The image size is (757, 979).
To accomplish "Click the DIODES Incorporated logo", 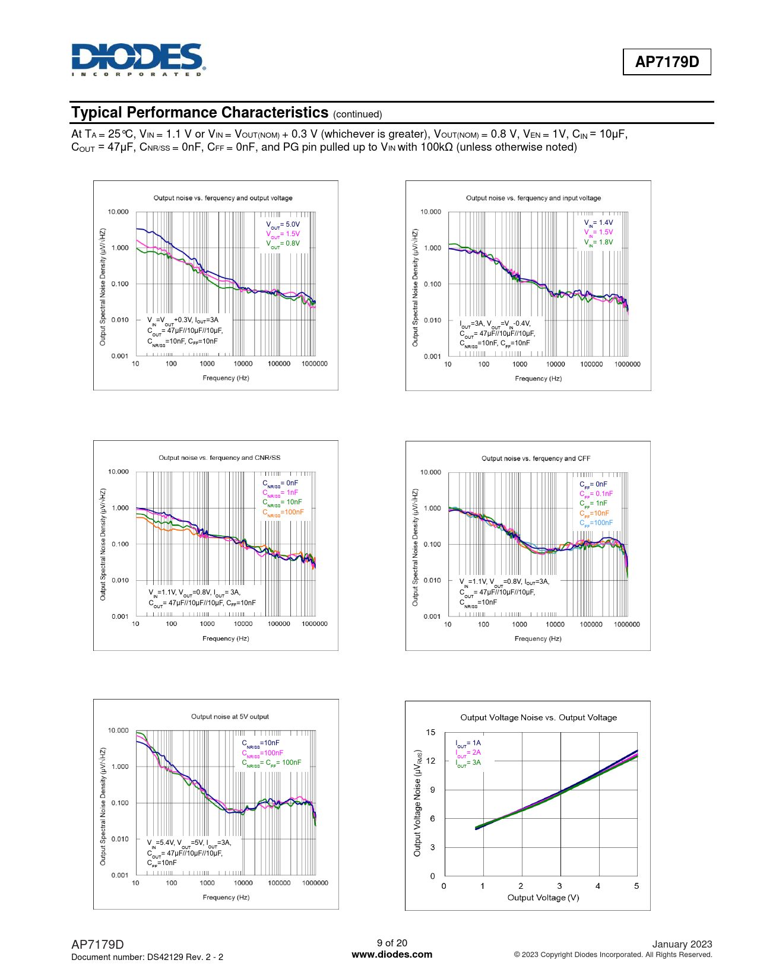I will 138,59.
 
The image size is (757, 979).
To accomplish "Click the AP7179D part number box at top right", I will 667,62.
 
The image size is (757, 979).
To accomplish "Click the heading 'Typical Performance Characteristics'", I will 200,113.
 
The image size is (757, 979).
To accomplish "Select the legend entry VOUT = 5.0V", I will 283,225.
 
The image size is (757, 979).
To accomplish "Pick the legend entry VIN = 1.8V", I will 598,242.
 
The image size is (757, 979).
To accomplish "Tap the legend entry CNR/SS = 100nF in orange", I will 283,512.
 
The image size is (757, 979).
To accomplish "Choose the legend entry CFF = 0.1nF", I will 596,494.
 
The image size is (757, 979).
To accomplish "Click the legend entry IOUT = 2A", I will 468,752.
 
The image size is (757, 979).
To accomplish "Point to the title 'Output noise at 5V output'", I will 230,717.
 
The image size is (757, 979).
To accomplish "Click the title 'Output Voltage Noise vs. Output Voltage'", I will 539,717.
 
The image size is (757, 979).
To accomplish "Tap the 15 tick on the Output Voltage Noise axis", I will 430,732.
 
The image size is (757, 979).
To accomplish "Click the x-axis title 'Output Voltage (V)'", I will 543,898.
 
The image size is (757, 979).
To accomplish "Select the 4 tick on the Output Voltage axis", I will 598,886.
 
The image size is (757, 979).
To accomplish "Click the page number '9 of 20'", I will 392,943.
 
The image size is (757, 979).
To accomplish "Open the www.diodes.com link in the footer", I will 392,955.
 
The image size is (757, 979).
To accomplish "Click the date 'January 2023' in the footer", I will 682,944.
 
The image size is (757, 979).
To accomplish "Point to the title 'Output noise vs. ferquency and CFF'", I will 536,459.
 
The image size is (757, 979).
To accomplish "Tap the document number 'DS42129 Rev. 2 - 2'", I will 185,957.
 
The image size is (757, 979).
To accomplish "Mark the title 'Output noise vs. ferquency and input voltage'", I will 533,198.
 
